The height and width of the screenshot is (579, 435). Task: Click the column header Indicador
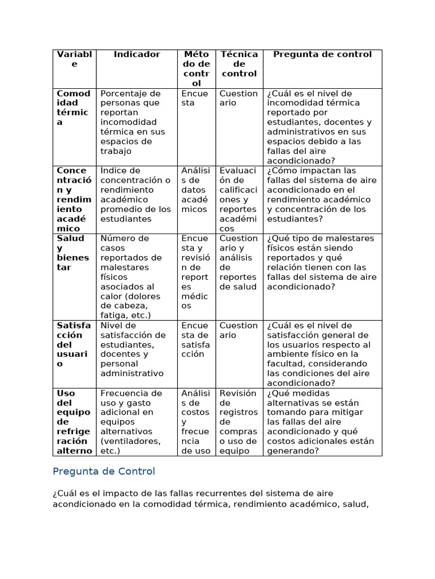[x=137, y=54]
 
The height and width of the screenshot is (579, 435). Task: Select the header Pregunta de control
[x=322, y=54]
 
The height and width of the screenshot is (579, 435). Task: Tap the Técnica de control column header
[x=239, y=64]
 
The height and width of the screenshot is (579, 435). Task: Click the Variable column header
[x=74, y=59]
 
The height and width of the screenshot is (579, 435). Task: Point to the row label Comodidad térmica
[x=73, y=107]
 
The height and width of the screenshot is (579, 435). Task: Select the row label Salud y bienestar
[x=73, y=253]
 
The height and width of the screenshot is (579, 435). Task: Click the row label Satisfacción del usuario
[x=73, y=344]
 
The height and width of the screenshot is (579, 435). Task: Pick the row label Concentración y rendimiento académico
[x=73, y=199]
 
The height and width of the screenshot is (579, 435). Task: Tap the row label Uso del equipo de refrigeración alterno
[x=74, y=422]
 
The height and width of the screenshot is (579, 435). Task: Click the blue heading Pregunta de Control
[x=104, y=472]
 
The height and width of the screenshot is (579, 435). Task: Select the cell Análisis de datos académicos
[x=195, y=189]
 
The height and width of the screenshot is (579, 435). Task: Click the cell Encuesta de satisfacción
[x=195, y=340]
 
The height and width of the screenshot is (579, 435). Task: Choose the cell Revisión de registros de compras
[x=238, y=422]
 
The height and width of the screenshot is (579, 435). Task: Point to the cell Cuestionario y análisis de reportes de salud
[x=238, y=262]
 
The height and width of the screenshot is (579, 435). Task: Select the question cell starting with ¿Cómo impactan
[x=321, y=195]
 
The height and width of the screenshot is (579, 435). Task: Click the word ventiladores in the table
[x=130, y=441]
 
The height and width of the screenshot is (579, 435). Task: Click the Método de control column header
[x=197, y=69]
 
